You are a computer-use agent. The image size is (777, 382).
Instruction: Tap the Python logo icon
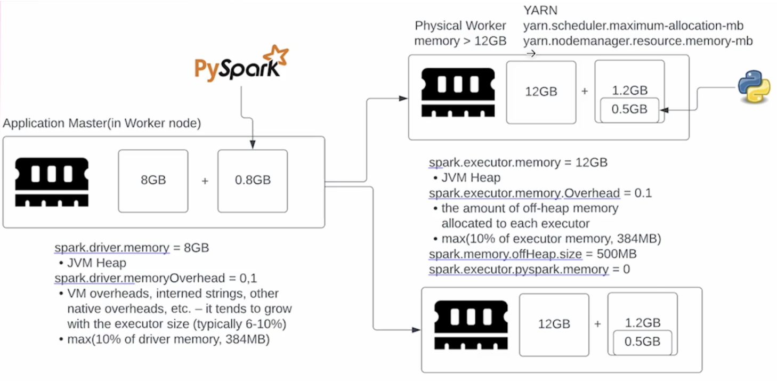tap(754, 88)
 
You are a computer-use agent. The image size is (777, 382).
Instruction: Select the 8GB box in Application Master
tap(153, 180)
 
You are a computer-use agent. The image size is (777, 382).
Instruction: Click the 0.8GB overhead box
tap(252, 180)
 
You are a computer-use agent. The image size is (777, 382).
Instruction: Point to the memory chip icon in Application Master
tap(51, 182)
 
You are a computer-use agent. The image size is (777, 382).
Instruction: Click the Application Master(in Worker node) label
tap(101, 124)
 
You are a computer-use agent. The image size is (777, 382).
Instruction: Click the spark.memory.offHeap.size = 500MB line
tap(532, 254)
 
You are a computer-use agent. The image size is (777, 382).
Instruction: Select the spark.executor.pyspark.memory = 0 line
tap(529, 270)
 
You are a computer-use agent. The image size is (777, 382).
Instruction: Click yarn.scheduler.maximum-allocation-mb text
tap(633, 26)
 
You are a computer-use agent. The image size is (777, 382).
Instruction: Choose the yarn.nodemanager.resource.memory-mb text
tap(638, 41)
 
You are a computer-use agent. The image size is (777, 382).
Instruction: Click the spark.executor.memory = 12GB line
tap(518, 162)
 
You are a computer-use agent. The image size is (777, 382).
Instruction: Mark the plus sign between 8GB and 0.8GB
tap(205, 181)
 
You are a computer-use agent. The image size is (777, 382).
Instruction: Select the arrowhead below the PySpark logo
tap(252, 144)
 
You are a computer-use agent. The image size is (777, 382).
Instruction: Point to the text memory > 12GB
tap(460, 41)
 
